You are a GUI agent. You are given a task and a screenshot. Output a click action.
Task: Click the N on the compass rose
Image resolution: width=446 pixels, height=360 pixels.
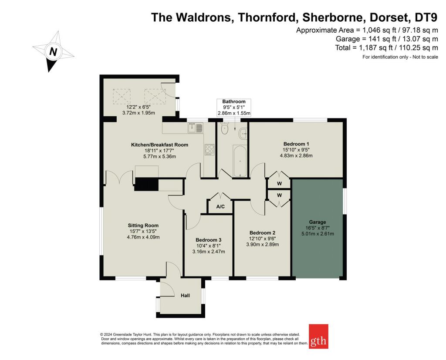pyautogui.click(x=53, y=52)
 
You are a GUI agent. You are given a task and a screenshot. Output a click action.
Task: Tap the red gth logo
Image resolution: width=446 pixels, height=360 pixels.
pyautogui.click(x=318, y=336)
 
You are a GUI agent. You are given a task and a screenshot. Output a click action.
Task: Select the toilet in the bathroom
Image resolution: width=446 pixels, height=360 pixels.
pyautogui.click(x=225, y=128)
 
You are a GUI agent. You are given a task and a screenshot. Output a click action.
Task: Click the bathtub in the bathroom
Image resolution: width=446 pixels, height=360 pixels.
pyautogui.click(x=240, y=161)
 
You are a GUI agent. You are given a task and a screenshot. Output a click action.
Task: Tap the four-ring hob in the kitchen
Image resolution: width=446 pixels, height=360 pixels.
pyautogui.click(x=209, y=150)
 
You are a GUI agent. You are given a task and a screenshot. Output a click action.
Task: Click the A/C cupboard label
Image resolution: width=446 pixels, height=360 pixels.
pyautogui.click(x=220, y=206)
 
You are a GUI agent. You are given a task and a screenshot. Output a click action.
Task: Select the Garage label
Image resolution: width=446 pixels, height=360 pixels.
pyautogui.click(x=318, y=222)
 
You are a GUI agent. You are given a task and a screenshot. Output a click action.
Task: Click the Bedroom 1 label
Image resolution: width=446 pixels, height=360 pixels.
pyautogui.click(x=296, y=144)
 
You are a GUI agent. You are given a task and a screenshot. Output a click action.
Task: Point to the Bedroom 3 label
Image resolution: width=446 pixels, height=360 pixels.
pyautogui.click(x=209, y=240)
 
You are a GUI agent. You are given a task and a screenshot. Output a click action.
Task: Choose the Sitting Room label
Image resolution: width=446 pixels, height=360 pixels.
pyautogui.click(x=143, y=225)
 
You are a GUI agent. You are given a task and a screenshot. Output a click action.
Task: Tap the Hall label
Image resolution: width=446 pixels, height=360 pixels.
pyautogui.click(x=185, y=296)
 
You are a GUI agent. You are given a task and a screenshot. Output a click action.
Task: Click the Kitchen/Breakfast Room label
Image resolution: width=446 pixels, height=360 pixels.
pyautogui.click(x=159, y=145)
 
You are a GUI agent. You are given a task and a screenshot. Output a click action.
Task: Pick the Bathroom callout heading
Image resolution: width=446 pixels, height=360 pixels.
pyautogui.click(x=234, y=101)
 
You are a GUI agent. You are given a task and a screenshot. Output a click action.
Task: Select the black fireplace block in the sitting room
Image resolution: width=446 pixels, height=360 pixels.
pyautogui.click(x=146, y=184)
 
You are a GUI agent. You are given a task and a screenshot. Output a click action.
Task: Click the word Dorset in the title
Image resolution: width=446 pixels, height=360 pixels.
pyautogui.click(x=389, y=17)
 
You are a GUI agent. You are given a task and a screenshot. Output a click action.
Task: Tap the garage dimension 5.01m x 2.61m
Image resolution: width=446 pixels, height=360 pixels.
pyautogui.click(x=318, y=234)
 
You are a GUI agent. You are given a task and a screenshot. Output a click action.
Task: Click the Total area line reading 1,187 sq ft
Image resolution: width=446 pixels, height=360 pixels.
pyautogui.click(x=387, y=47)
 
